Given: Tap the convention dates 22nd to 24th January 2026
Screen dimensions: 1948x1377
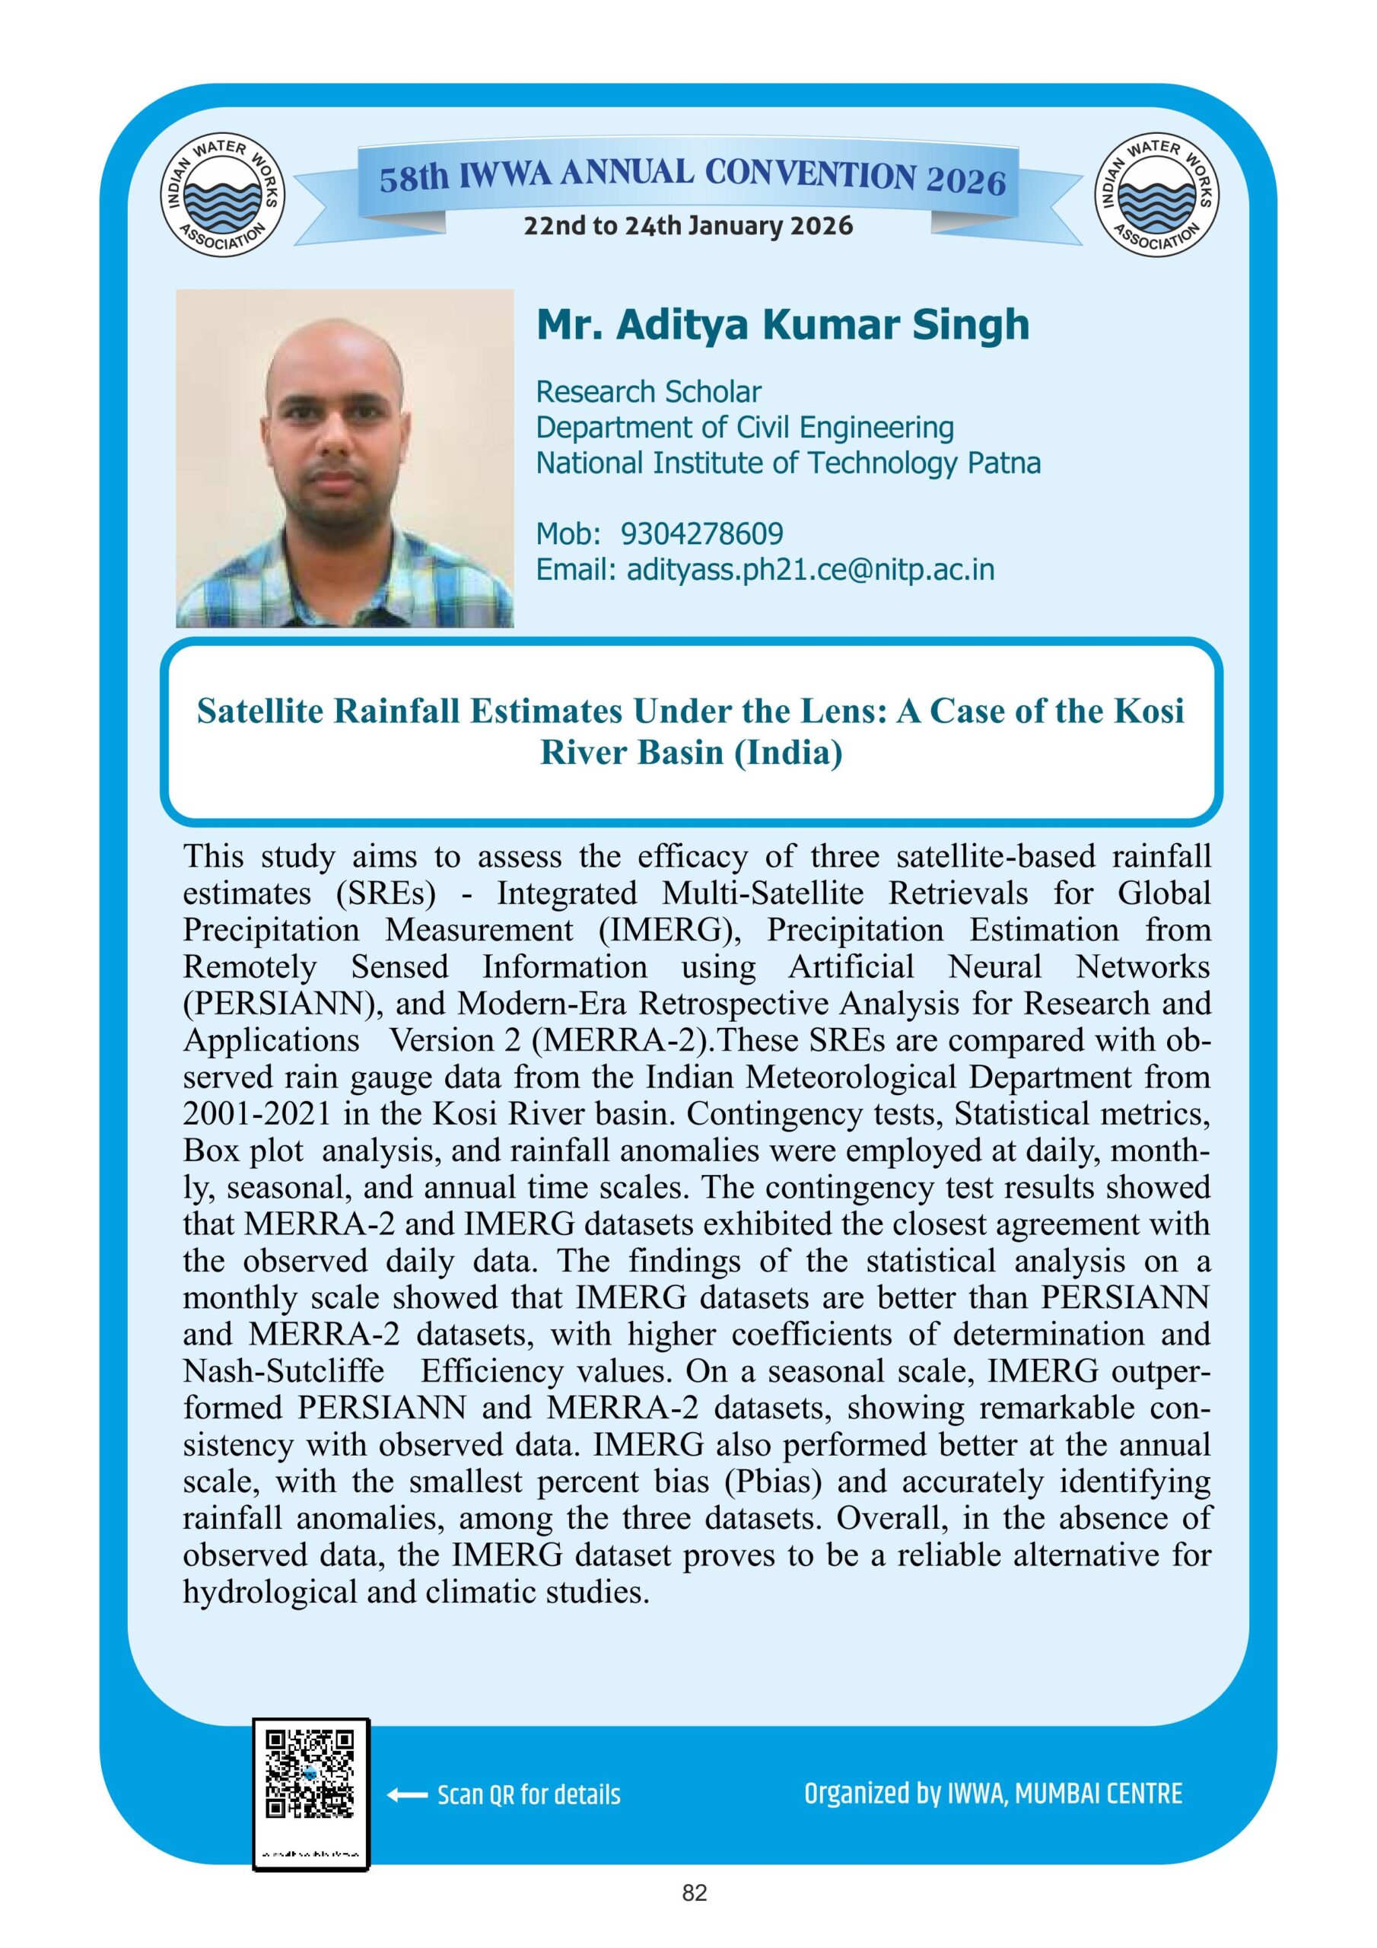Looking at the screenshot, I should [688, 227].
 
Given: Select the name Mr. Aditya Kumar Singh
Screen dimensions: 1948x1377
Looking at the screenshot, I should [782, 325].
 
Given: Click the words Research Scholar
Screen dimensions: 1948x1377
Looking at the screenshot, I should [648, 392].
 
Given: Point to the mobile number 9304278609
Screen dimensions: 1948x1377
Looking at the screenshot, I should [701, 533].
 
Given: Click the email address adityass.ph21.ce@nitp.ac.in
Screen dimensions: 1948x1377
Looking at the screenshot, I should [810, 569].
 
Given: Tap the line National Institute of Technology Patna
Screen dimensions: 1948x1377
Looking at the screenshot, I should [788, 463].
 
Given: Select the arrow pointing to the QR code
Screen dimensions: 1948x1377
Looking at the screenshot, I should [406, 1795].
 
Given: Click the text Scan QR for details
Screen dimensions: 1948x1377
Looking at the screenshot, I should [529, 1796].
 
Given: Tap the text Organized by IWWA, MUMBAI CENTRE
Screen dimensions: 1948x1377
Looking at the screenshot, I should [993, 1794].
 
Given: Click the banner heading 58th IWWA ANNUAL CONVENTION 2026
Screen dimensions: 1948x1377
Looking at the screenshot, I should [692, 177].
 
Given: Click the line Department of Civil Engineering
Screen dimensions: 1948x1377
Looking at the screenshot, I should [745, 428].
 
